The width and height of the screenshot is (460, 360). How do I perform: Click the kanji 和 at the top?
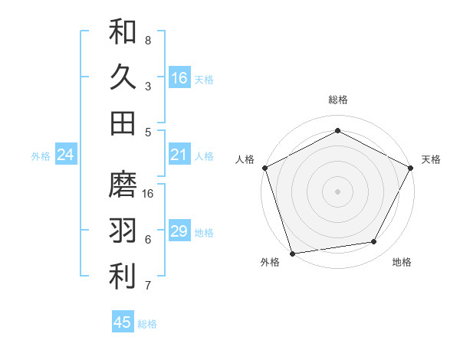pyautogui.click(x=123, y=31)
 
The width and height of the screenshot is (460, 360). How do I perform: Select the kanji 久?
pyautogui.click(x=123, y=77)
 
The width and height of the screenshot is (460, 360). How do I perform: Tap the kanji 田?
pyautogui.click(x=123, y=123)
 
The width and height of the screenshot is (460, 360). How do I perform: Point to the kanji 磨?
pyautogui.click(x=123, y=185)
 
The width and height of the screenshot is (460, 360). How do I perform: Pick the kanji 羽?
pyautogui.click(x=123, y=231)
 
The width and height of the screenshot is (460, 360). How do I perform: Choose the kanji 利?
pyautogui.click(x=123, y=277)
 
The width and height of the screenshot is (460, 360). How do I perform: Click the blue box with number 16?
pyautogui.click(x=179, y=77)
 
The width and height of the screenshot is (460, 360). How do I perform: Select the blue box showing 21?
pyautogui.click(x=179, y=155)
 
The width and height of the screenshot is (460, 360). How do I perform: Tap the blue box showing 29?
pyautogui.click(x=179, y=231)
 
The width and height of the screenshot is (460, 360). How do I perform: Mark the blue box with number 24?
pyautogui.click(x=65, y=155)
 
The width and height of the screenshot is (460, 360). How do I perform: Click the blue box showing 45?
pyautogui.click(x=123, y=322)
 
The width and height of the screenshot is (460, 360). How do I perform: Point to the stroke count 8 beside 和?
pyautogui.click(x=148, y=40)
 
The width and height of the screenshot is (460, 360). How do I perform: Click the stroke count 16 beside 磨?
pyautogui.click(x=149, y=193)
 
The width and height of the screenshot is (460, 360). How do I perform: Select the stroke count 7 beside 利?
pyautogui.click(x=148, y=286)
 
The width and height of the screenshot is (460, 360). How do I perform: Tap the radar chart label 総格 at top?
pyautogui.click(x=338, y=100)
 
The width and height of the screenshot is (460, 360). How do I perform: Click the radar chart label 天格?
pyautogui.click(x=431, y=159)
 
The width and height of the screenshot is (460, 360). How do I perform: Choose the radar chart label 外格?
pyautogui.click(x=270, y=263)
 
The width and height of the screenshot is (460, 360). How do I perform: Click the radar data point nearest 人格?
pyautogui.click(x=265, y=167)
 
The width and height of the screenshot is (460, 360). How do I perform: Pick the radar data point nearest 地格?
pyautogui.click(x=374, y=242)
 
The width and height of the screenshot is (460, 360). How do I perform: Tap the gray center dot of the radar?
pyautogui.click(x=338, y=191)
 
